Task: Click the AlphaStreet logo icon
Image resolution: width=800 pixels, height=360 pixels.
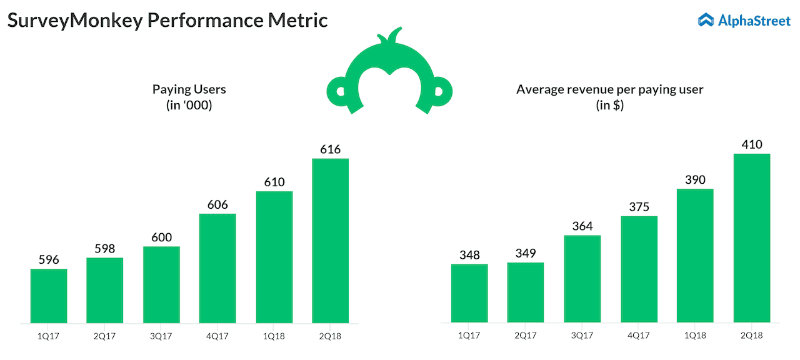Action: [706, 20]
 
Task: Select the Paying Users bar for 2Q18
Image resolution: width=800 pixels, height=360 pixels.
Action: [330, 241]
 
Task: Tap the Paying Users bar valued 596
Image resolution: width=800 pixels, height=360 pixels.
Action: [49, 296]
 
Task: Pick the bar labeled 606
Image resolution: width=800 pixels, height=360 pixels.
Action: [217, 268]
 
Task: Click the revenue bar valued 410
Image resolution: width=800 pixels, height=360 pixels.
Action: [751, 238]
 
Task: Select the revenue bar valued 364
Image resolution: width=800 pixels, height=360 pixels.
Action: [582, 279]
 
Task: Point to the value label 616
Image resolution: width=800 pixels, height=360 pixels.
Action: [330, 149]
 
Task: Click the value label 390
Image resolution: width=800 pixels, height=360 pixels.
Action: [694, 180]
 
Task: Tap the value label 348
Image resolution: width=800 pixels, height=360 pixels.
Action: [469, 255]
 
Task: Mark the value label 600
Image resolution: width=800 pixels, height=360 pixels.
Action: [161, 237]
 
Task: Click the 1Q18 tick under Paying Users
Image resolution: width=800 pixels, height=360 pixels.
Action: [274, 336]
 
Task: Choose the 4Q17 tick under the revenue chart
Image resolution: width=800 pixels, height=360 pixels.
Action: [638, 336]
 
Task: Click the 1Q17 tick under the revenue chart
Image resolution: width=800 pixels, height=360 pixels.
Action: [469, 336]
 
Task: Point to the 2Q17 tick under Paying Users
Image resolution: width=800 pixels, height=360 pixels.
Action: [105, 336]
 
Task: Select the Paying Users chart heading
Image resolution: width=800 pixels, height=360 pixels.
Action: [189, 89]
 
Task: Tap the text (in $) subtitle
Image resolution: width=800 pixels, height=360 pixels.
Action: [609, 106]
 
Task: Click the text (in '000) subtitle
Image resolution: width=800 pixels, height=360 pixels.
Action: [189, 106]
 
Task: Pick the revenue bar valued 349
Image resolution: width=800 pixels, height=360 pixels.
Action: [525, 292]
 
